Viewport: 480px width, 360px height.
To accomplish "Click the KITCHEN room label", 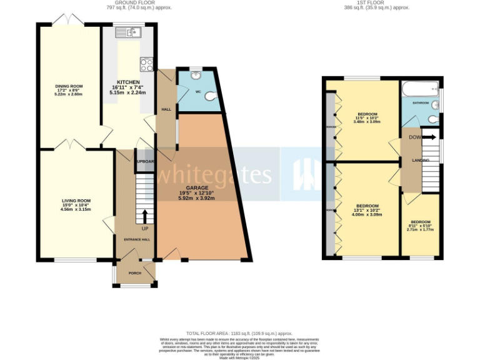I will point(127,82).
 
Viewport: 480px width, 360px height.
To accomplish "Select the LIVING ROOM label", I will point(76,201).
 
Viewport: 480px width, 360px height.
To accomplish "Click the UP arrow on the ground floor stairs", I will point(145,217).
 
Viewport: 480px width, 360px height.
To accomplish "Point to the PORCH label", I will point(134,273).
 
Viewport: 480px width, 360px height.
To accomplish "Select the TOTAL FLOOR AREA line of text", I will point(239,334).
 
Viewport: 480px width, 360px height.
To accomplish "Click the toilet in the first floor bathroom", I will point(434,118).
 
